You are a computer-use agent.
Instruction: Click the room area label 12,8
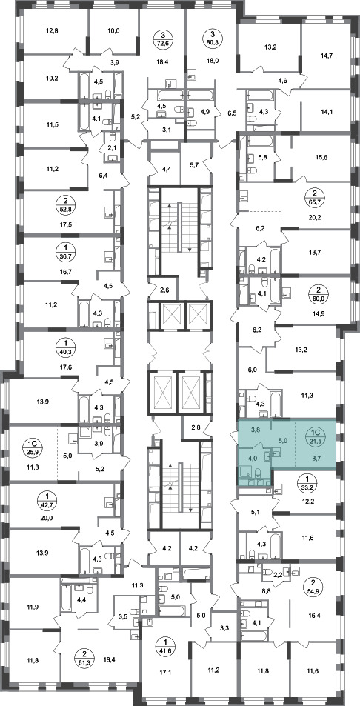[52, 31]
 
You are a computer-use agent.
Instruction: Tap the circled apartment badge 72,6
[163, 39]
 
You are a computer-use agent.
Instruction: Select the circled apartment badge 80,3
[212, 39]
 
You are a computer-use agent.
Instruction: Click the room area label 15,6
[321, 157]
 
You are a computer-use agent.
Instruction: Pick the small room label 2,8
[195, 427]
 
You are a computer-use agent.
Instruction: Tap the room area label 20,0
[47, 518]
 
